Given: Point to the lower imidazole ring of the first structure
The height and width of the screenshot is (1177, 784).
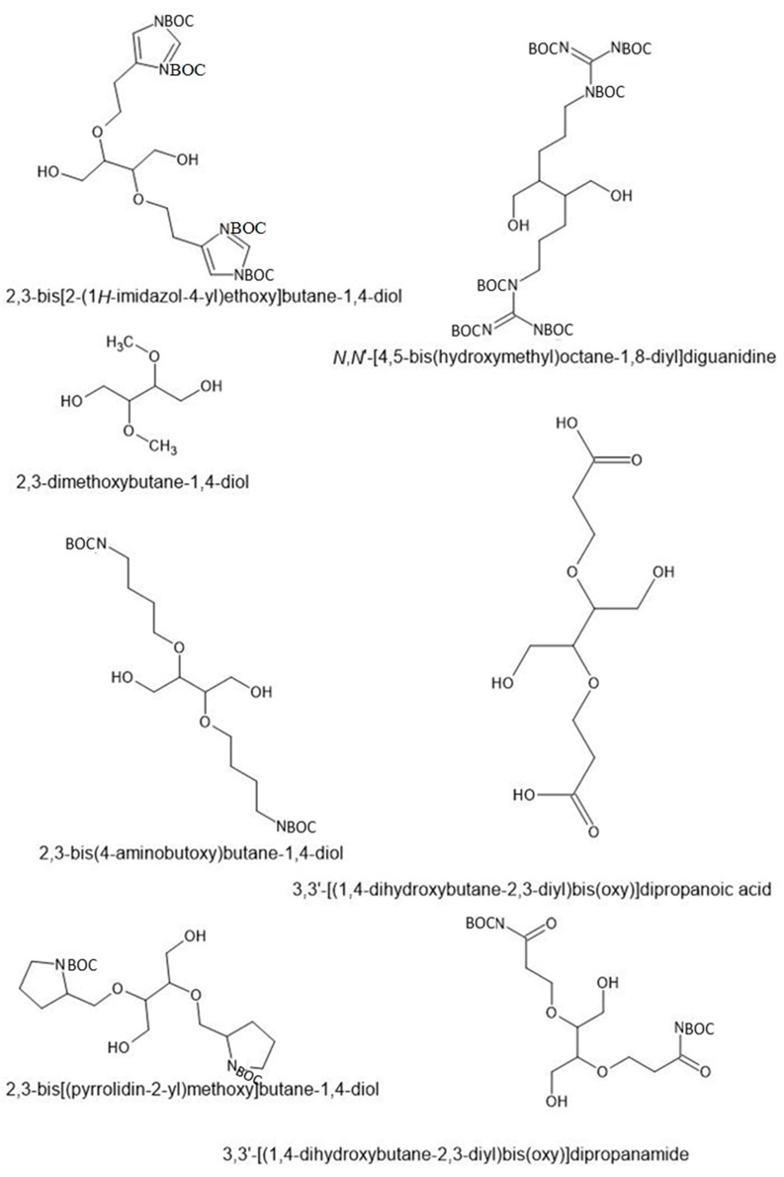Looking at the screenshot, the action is (225, 253).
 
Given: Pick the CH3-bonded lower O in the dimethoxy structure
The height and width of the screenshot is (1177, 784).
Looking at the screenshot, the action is (129, 431).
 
